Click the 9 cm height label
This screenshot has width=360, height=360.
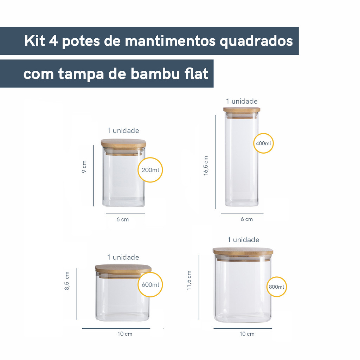coord(84,167)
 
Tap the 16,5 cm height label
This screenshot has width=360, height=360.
coord(205,166)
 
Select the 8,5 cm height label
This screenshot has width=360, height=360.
coord(66,281)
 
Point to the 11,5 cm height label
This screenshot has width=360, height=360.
coord(189,280)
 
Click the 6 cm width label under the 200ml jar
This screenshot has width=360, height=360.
coord(122,219)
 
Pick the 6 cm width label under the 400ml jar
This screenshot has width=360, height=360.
coord(247,219)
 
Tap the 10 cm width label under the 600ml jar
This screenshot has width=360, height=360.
coord(125,334)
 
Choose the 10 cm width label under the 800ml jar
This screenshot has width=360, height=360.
coord(247,334)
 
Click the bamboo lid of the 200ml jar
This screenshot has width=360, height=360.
coord(123,144)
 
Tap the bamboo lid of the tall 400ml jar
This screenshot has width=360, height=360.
coord(242,110)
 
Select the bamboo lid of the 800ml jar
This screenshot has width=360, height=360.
coord(243,252)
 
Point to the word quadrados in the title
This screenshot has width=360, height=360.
coord(256,42)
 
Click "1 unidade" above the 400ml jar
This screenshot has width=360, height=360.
coord(242,101)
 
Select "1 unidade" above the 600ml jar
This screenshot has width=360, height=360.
coord(123,257)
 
